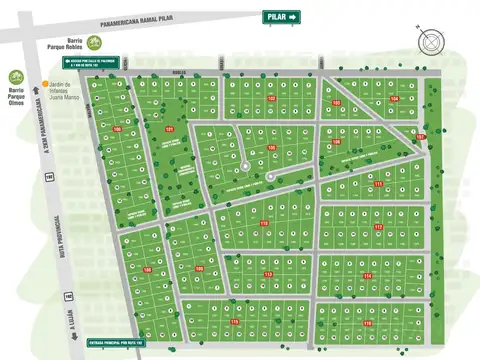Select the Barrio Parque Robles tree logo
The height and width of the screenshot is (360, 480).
coord(93,42)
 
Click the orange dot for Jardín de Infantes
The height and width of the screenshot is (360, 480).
coord(44,84)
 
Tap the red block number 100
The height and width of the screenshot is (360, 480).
coord(117,129)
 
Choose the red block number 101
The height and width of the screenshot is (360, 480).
coord(169,130)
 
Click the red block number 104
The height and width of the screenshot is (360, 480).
coord(394,99)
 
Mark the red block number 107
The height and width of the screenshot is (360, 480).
coord(271,99)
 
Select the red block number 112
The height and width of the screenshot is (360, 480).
coord(264,223)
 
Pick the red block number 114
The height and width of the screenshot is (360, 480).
coord(368,276)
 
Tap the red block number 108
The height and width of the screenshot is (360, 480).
coord(199,268)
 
